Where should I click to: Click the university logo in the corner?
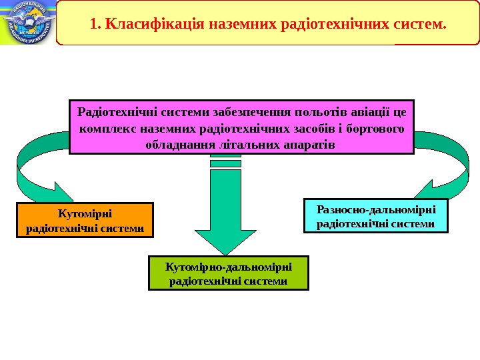(27, 22)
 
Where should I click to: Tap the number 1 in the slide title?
(93, 25)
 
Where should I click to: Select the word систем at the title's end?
(421, 25)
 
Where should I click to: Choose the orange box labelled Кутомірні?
(85, 221)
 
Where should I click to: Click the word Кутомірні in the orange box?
(85, 214)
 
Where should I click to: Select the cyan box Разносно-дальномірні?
(376, 215)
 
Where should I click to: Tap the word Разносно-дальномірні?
(376, 209)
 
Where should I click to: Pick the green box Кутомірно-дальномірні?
(229, 273)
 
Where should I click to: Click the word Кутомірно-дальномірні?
(229, 267)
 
